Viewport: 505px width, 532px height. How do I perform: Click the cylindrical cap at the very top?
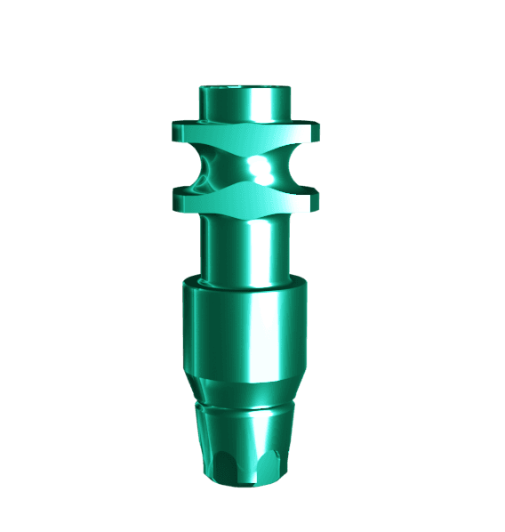(x=244, y=102)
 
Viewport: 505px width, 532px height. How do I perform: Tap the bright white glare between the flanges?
(x=261, y=167)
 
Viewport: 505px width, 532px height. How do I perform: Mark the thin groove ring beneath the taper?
(x=244, y=408)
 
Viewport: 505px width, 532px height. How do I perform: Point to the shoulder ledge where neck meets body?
(x=244, y=285)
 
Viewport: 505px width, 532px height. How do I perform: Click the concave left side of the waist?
(x=207, y=167)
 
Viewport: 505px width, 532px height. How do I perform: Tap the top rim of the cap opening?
(x=244, y=88)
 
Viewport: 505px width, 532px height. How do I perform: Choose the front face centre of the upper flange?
(x=244, y=135)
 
